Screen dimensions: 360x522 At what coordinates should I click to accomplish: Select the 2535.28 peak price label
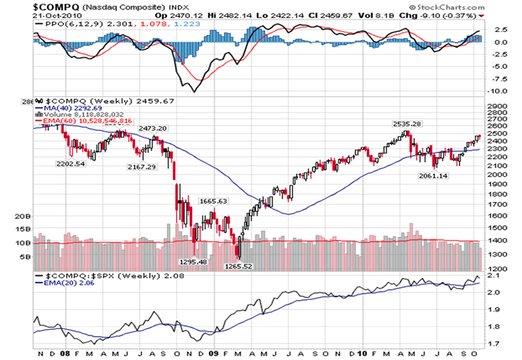(x=407, y=124)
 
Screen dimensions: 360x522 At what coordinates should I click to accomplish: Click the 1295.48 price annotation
(x=192, y=261)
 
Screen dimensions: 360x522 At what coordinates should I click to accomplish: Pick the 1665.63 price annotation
(x=213, y=201)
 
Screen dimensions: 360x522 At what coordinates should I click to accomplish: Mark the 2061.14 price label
(x=434, y=176)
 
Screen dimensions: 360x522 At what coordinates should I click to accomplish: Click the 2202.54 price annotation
(x=72, y=163)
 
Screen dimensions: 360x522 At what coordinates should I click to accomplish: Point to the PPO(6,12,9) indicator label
(x=65, y=24)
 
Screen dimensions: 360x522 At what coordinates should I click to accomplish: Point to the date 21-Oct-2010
(x=29, y=15)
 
